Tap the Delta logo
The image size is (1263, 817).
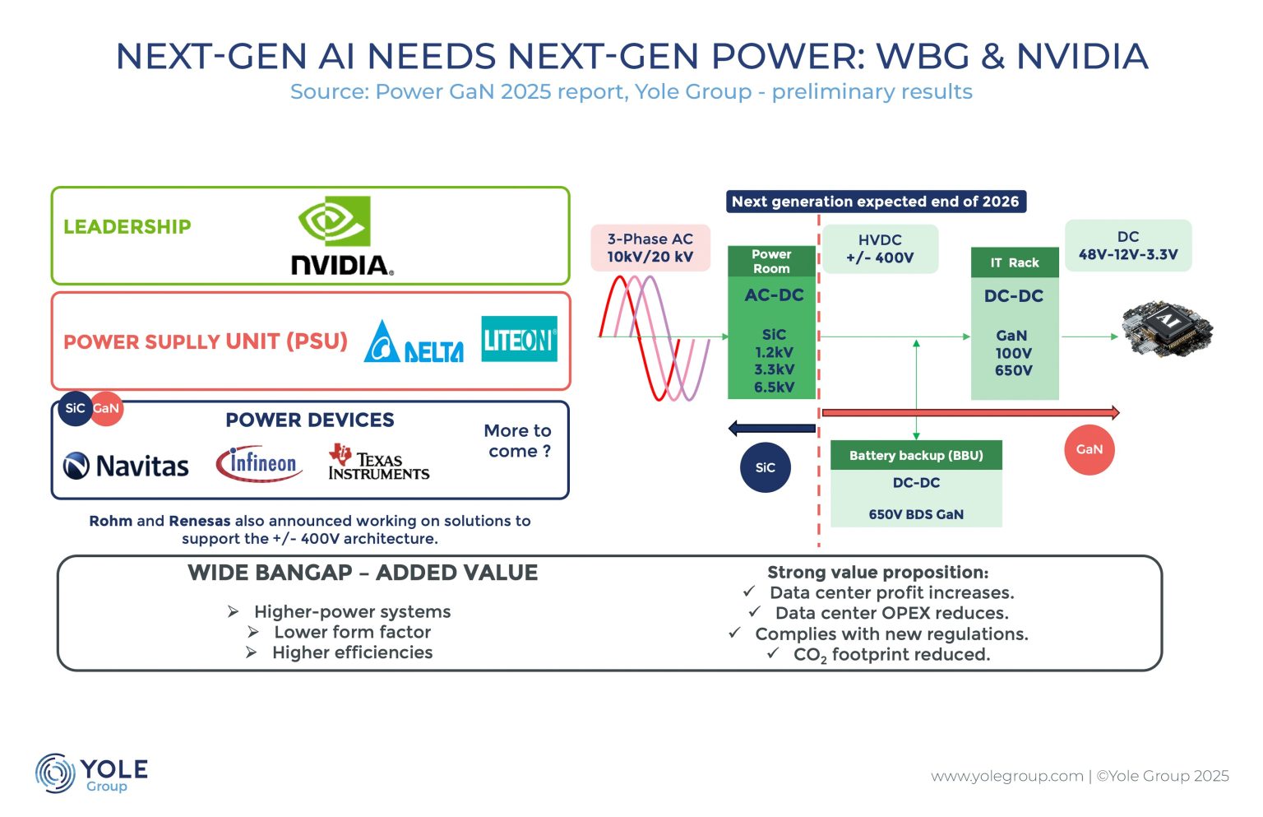pos(414,341)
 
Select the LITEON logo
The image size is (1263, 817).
pos(520,338)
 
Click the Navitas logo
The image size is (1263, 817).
pos(126,466)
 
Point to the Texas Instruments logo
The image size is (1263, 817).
pos(379,462)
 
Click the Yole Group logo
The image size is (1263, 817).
pos(91,773)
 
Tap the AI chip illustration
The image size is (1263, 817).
pos(1168,329)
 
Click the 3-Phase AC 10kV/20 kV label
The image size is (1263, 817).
pos(650,248)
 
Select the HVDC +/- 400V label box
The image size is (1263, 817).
pos(880,248)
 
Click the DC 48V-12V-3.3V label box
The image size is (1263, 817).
pos(1128,245)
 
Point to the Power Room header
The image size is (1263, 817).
pos(771,262)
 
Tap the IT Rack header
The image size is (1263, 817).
pos(1015,262)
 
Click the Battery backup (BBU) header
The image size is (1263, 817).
pos(916,455)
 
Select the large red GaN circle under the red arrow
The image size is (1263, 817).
pos(1090,450)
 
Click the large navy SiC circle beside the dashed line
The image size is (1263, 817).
pos(766,467)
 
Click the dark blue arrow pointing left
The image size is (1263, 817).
pos(772,429)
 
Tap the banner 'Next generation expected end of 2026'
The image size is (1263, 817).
pos(876,202)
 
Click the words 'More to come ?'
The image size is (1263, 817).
pos(518,441)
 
